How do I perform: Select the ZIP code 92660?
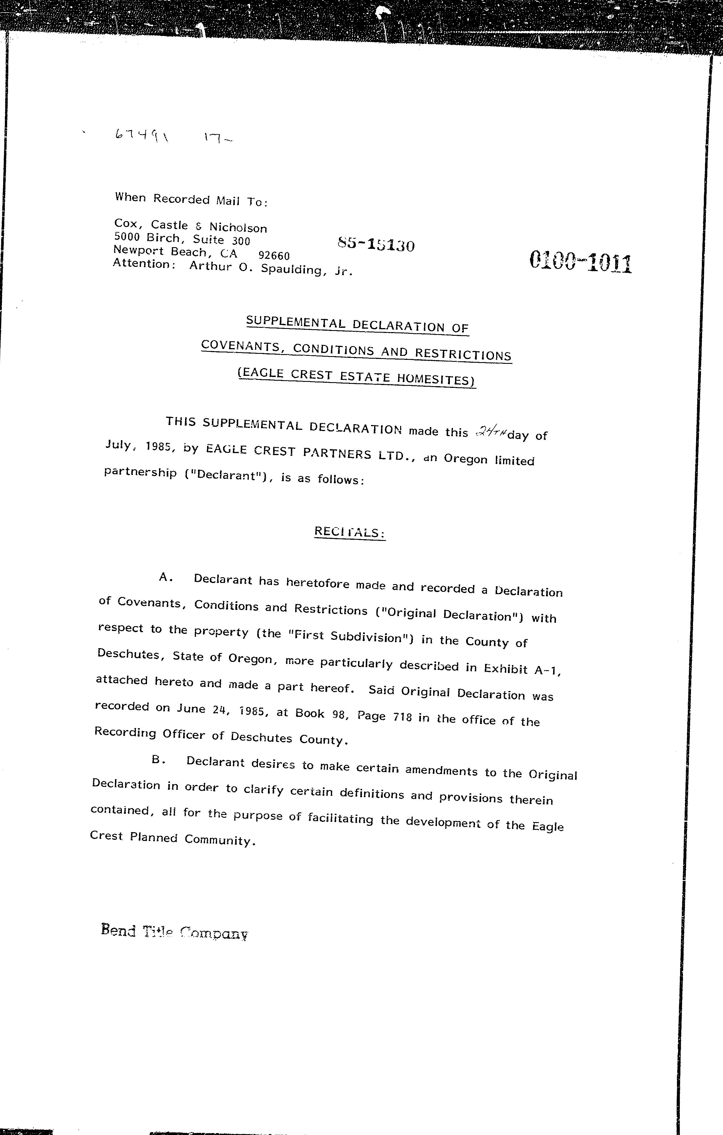click(x=274, y=255)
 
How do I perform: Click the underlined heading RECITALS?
click(x=350, y=532)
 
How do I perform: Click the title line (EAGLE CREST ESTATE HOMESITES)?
click(x=357, y=377)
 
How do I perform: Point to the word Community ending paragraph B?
click(x=219, y=840)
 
